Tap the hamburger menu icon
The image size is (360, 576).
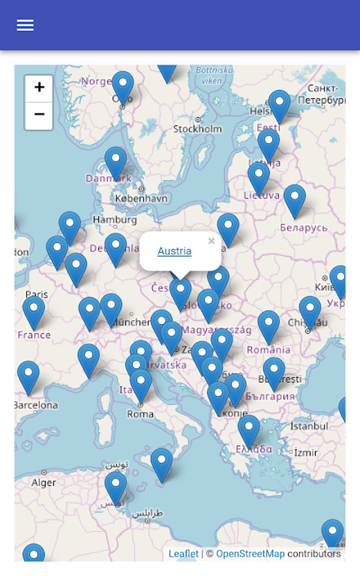point(25,25)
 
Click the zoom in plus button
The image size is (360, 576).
point(39,88)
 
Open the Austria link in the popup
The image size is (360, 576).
point(174,251)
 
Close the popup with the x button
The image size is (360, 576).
point(211,241)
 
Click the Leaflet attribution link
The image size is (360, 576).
point(183,553)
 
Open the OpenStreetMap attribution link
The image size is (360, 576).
point(250,553)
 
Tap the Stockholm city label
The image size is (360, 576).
point(197,129)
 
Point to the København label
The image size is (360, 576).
point(141,198)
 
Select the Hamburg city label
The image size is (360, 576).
point(115,220)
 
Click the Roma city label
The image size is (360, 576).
point(140,414)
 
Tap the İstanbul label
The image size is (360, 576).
point(309,426)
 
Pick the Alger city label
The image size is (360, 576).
point(43,482)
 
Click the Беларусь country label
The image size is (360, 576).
point(304,228)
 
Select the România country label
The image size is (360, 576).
point(268,350)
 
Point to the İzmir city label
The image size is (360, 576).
point(306,452)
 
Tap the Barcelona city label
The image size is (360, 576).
point(36,405)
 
